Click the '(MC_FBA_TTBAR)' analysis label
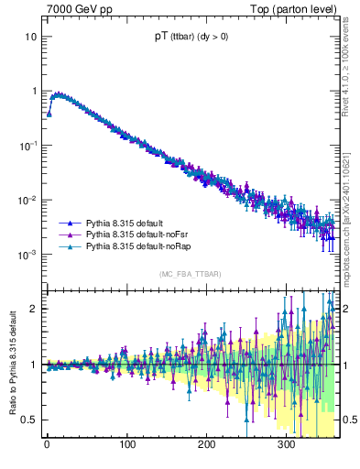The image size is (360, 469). coord(191,274)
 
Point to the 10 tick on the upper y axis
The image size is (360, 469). coord(30,37)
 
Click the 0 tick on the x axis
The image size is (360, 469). coord(47,444)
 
